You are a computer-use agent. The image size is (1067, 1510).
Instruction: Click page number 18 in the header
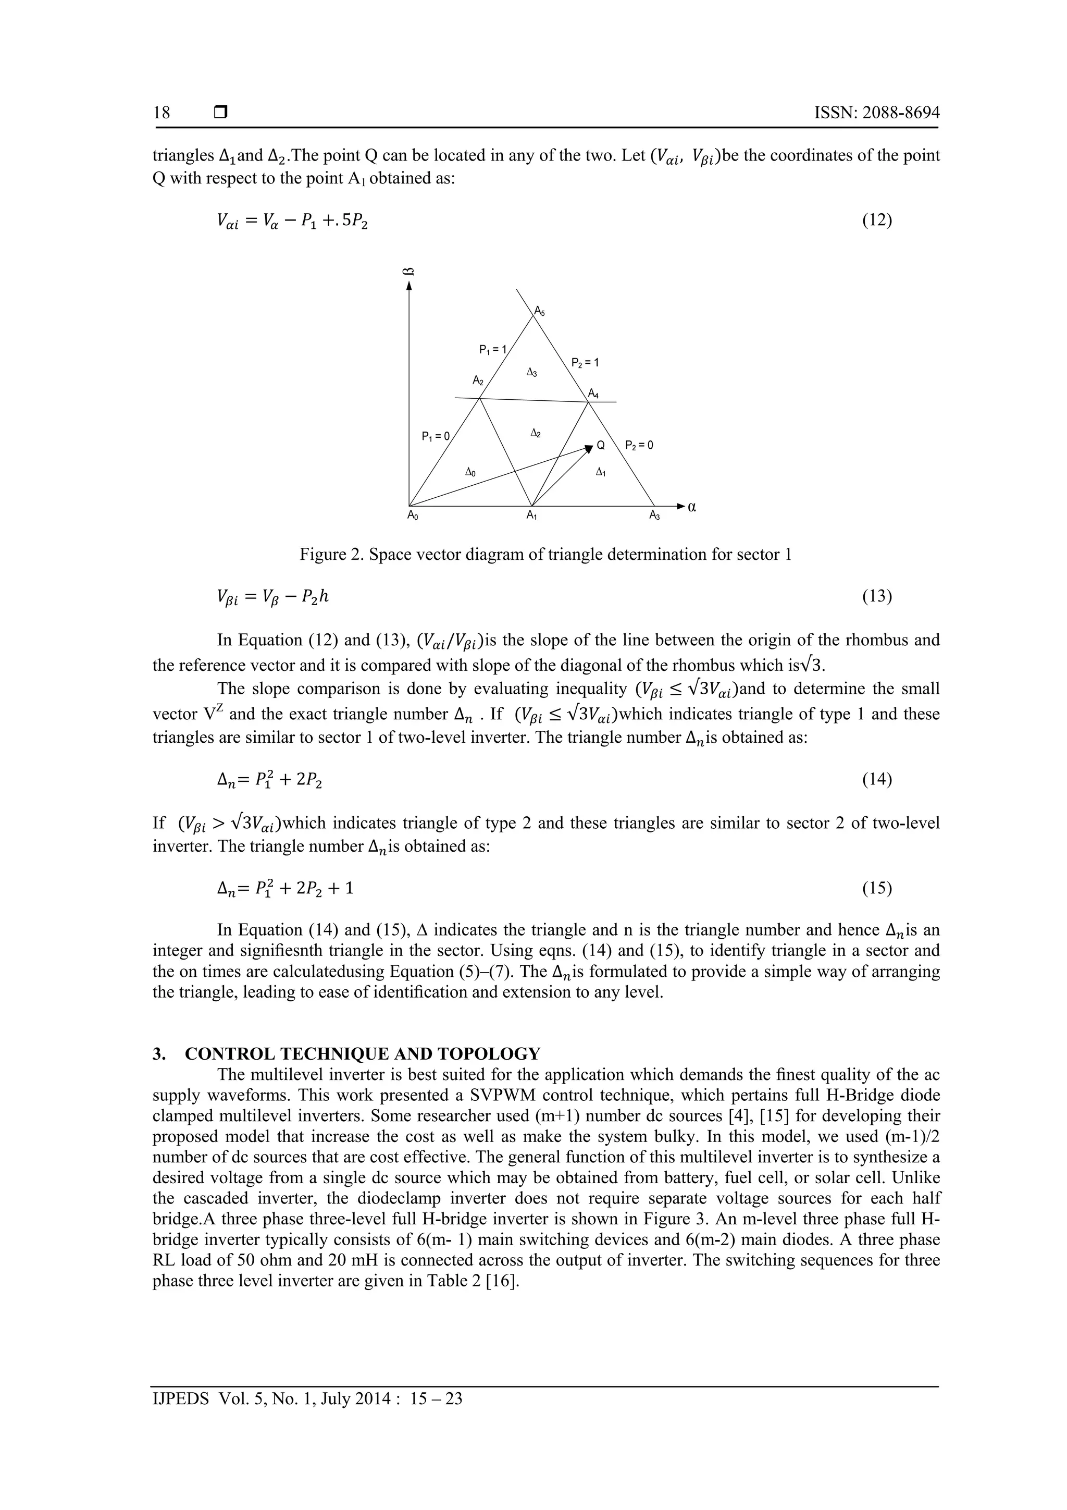point(162,113)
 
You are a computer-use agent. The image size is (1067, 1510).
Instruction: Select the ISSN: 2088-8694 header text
point(876,113)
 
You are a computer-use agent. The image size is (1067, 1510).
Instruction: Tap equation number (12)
point(876,219)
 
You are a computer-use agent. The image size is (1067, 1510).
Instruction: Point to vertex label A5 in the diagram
point(539,311)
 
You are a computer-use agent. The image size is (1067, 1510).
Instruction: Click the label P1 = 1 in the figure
point(492,349)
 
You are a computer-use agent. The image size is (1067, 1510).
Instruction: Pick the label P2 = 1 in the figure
point(585,362)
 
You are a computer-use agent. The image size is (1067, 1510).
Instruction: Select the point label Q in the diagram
point(600,446)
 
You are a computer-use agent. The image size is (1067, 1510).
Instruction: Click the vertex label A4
point(593,394)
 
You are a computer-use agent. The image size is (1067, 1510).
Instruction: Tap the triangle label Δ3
point(532,373)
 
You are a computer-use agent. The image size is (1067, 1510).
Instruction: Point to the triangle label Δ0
point(470,472)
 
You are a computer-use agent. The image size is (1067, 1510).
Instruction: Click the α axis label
point(691,507)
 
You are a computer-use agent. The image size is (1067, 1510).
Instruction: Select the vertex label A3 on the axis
point(655,516)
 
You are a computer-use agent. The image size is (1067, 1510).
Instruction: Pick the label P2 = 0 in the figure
point(639,445)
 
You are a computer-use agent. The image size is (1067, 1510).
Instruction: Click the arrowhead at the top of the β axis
point(410,286)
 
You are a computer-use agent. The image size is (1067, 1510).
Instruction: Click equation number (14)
point(876,779)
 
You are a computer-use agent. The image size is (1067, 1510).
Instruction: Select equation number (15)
point(876,889)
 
